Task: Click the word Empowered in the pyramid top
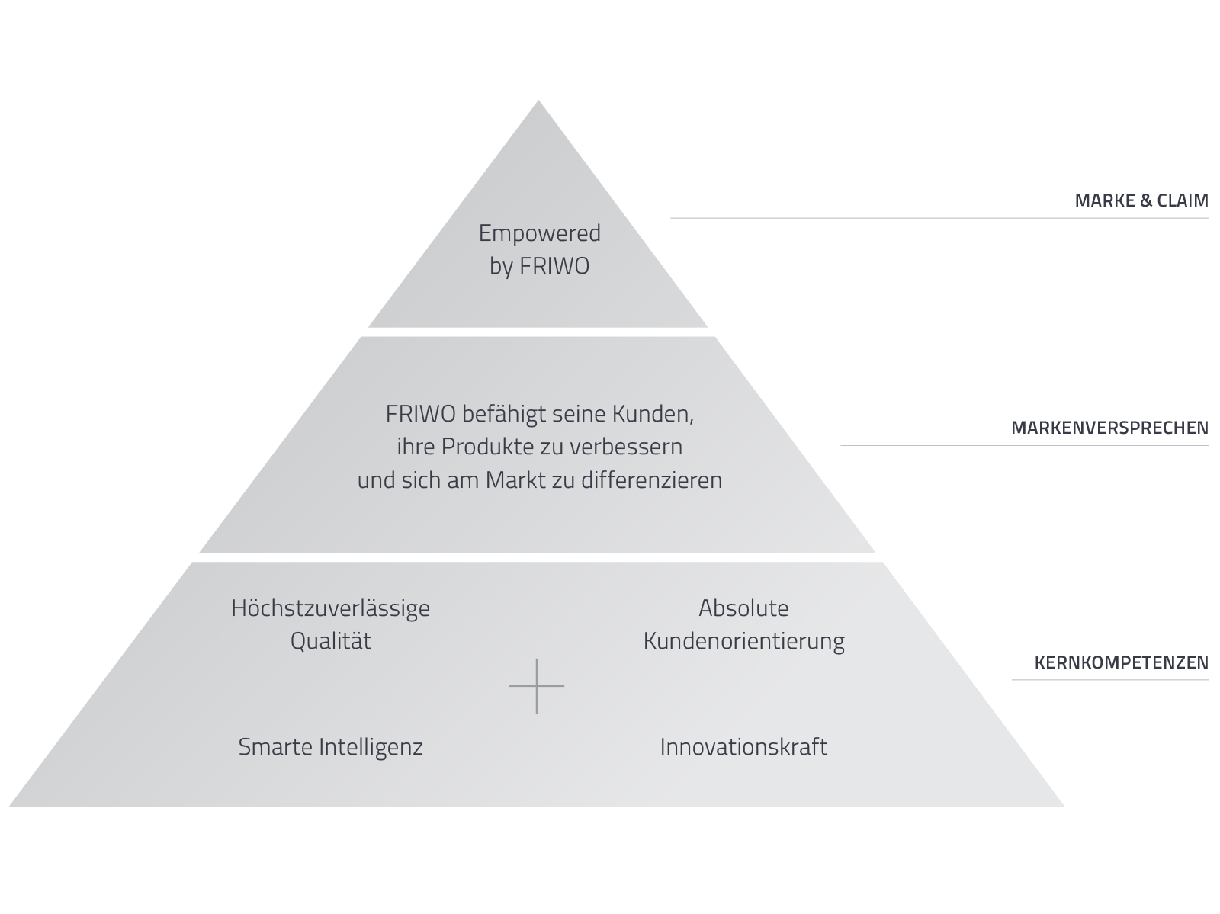pos(539,233)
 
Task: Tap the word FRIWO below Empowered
pos(554,268)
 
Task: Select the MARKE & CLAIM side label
pos(1141,201)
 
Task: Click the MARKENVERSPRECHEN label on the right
pos(1109,428)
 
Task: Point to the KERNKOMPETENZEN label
pos(1121,662)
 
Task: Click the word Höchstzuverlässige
pos(330,608)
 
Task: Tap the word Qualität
pos(330,641)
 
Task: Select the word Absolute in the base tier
pos(743,608)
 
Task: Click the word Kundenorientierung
pos(743,641)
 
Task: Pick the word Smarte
pos(275,746)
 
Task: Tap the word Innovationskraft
pos(743,746)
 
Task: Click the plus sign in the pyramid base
pos(537,686)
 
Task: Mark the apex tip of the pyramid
pos(539,103)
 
